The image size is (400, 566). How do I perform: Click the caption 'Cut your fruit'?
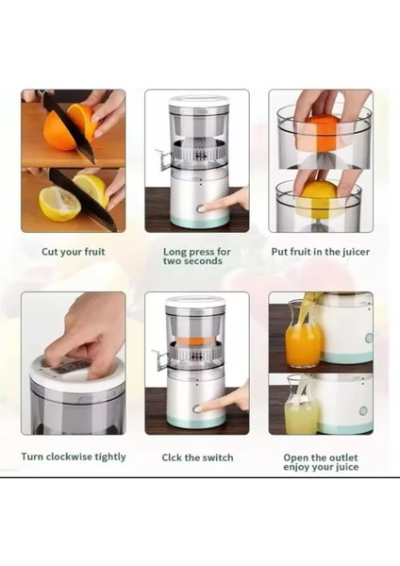click(74, 252)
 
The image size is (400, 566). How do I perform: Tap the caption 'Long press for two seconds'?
click(197, 256)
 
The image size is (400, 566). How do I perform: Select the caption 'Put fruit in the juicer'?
click(321, 252)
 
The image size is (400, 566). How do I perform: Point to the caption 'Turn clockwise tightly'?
click(74, 457)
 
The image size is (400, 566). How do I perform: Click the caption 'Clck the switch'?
click(197, 458)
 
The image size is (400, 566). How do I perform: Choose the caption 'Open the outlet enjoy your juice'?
click(321, 462)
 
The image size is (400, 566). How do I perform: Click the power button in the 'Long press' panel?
click(200, 208)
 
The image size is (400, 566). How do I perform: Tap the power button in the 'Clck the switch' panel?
click(197, 409)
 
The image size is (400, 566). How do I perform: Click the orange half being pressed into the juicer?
click(321, 133)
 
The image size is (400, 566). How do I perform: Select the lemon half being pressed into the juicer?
click(320, 198)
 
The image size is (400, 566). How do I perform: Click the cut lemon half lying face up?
click(58, 203)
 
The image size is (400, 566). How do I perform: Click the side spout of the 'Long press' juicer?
click(163, 158)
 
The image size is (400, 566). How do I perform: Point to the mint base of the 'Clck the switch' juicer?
click(197, 420)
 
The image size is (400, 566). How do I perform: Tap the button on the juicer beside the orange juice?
click(369, 339)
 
